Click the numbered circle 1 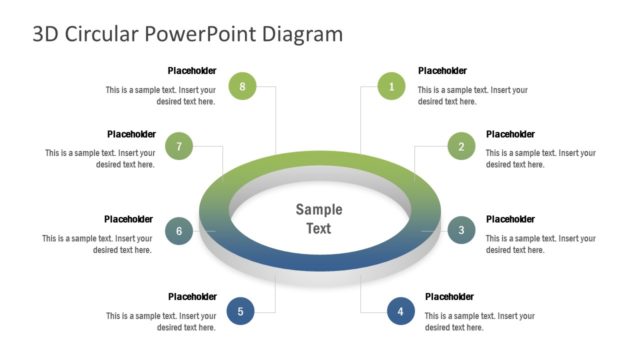click(391, 87)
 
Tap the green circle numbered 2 click(461, 146)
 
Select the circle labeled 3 click(461, 231)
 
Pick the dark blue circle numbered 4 click(401, 311)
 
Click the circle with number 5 click(240, 311)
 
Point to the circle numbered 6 click(179, 231)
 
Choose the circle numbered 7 click(178, 146)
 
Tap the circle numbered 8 click(242, 87)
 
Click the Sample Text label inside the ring click(319, 219)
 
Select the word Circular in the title click(103, 34)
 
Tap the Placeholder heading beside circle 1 click(442, 71)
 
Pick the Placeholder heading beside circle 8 click(192, 71)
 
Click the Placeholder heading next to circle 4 click(449, 296)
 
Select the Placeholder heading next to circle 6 click(128, 219)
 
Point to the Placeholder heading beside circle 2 click(510, 134)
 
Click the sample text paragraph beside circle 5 click(161, 321)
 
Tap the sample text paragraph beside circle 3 click(540, 244)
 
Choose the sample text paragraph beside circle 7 click(100, 158)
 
